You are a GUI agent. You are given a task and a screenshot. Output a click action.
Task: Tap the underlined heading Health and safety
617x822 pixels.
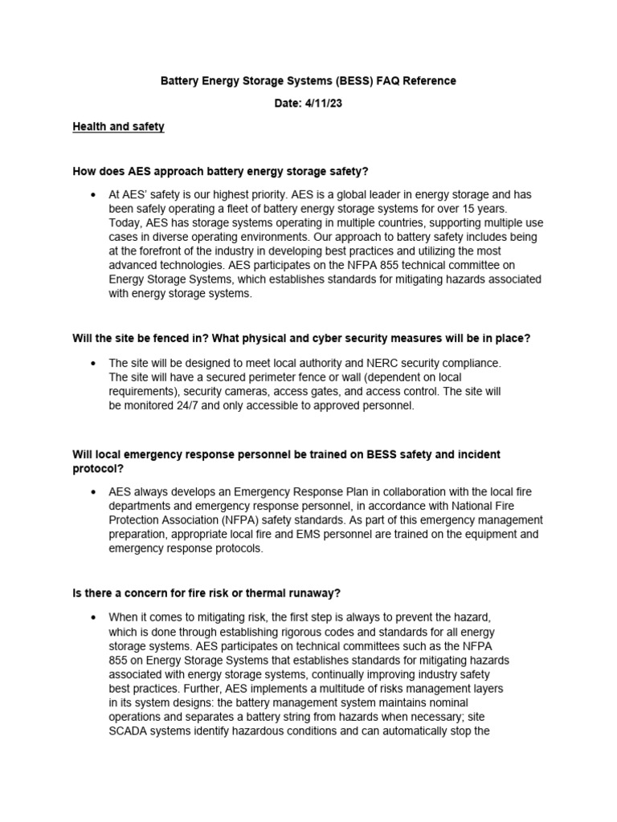(x=118, y=127)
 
